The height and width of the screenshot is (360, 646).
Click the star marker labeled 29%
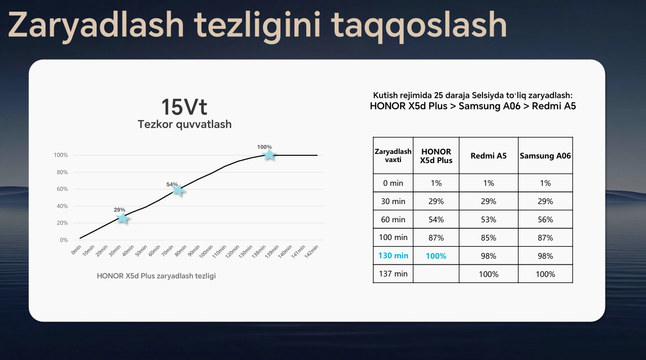(123, 218)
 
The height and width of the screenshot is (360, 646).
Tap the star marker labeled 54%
(178, 190)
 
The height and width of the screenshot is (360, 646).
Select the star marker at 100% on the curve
(269, 155)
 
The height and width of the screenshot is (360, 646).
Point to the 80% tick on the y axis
(62, 172)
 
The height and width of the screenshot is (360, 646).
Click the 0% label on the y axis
(64, 240)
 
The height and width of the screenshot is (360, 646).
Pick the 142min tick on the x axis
(311, 252)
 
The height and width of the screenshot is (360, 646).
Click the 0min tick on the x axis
(76, 250)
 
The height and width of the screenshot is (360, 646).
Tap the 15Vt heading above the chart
(184, 107)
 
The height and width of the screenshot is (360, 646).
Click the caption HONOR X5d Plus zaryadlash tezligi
(156, 276)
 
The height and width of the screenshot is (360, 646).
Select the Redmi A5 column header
(489, 156)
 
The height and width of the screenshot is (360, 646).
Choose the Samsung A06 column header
(545, 156)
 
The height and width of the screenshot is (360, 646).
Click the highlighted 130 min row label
(393, 256)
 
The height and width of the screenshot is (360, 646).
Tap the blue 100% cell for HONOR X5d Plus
(436, 256)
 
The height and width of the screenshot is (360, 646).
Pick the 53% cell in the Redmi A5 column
(489, 220)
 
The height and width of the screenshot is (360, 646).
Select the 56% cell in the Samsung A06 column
(545, 220)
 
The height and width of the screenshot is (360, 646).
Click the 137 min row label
(393, 274)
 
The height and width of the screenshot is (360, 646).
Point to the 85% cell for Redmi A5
(489, 237)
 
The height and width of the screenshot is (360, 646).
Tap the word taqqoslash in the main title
(419, 26)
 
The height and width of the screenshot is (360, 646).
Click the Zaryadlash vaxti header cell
(393, 155)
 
